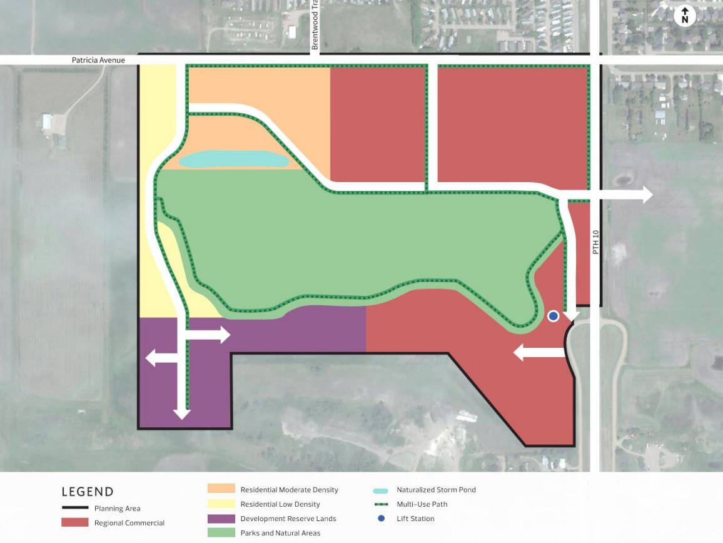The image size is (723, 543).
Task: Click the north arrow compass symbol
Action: click(685, 16)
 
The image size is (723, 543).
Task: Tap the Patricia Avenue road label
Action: click(98, 60)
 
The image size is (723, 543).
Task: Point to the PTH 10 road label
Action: click(595, 241)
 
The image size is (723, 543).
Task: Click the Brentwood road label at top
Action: click(315, 28)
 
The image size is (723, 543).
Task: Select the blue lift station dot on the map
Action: click(553, 316)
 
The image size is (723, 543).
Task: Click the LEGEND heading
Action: click(88, 492)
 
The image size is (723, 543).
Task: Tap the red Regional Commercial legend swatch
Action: click(74, 522)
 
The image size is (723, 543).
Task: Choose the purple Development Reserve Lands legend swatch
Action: click(221, 519)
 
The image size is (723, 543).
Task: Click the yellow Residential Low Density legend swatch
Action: click(221, 504)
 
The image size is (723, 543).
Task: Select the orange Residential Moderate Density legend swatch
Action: click(221, 489)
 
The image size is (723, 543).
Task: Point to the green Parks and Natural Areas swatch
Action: click(221, 533)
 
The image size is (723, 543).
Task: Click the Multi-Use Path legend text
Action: click(422, 504)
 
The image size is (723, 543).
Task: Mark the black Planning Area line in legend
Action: click(74, 508)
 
